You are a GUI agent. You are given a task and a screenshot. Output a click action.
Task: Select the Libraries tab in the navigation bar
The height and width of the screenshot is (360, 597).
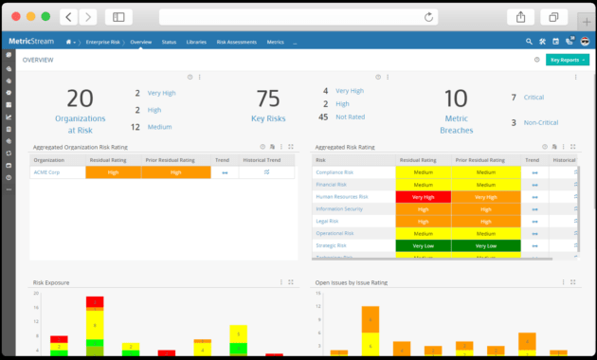[x=197, y=43]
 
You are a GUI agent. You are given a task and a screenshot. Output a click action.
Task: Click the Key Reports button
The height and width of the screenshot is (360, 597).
[x=567, y=60]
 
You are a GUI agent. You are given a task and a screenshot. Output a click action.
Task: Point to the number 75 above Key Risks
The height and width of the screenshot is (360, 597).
[x=268, y=99]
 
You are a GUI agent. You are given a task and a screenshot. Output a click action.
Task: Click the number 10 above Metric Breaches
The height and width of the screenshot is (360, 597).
[x=457, y=99]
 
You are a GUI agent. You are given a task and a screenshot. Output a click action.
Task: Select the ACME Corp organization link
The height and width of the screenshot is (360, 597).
[x=46, y=172]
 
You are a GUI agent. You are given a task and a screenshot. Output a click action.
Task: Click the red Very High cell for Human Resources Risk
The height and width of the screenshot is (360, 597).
[x=423, y=196]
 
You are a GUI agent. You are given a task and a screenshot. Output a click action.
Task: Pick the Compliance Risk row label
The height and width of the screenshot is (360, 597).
[x=335, y=172]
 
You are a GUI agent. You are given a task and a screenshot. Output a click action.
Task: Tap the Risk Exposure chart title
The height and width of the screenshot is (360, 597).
[x=52, y=282]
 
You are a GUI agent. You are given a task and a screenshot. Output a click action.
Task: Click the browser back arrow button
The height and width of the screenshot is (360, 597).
[x=69, y=17]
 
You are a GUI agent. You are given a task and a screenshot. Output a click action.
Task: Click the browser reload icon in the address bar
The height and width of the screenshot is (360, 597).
[x=429, y=17]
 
